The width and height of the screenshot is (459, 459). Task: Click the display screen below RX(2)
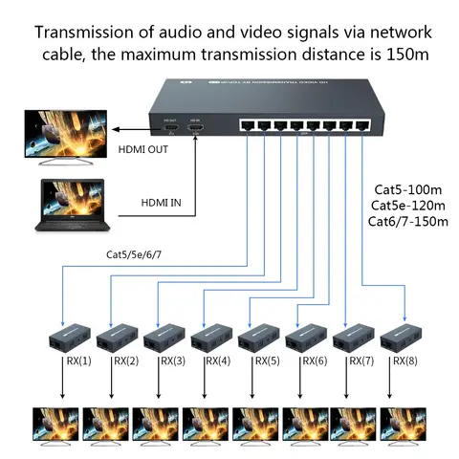[105, 426]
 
